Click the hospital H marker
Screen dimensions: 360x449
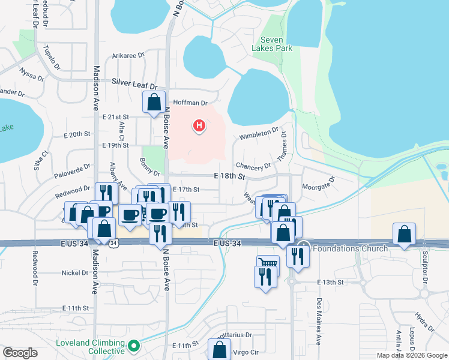point(199,126)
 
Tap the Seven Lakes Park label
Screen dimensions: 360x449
point(272,43)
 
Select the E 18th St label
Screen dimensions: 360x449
point(230,177)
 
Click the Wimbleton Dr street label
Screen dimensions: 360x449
point(259,133)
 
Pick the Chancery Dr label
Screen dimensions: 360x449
point(254,166)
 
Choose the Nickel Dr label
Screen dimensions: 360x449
point(75,273)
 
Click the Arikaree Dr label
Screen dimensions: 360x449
point(128,55)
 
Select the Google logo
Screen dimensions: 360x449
point(20,353)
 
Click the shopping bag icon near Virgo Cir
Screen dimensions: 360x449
point(219,349)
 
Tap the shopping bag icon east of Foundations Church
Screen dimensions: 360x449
point(405,234)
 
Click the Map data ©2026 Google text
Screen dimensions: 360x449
point(411,355)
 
